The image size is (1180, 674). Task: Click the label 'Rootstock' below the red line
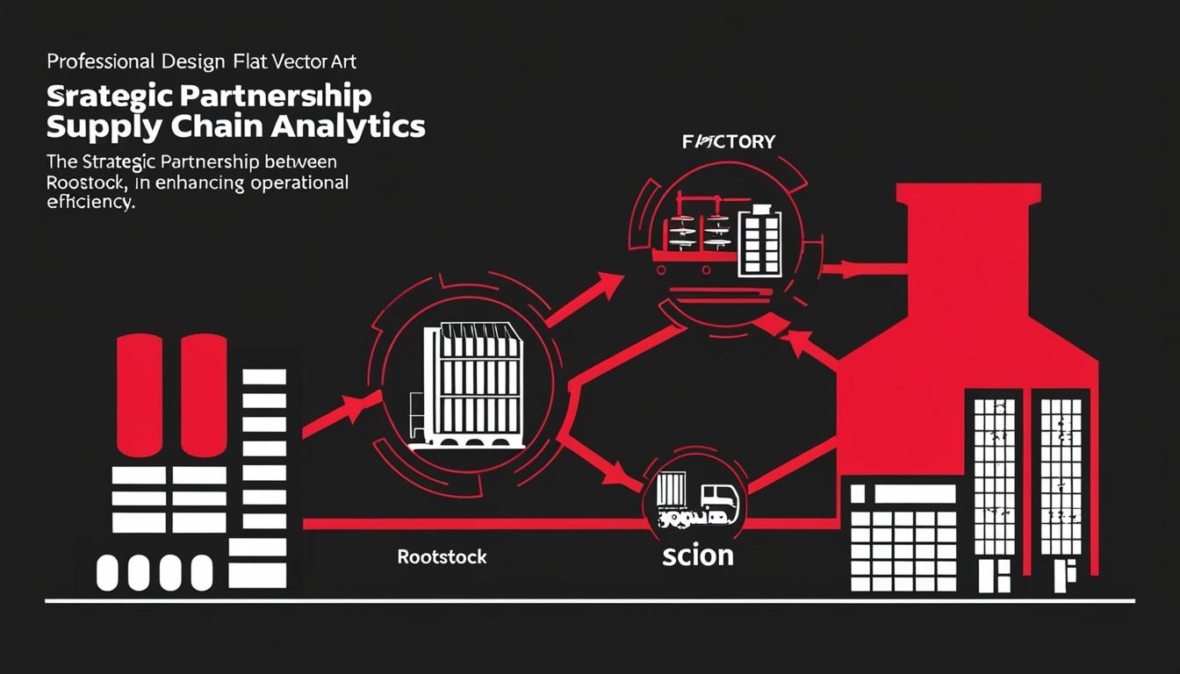(x=442, y=557)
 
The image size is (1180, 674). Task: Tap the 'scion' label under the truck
(x=698, y=555)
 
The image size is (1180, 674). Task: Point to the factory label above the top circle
(x=729, y=141)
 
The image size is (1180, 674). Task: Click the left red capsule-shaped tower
(x=139, y=394)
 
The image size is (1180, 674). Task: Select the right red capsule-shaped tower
(x=204, y=394)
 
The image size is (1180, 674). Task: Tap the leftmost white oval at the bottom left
(x=106, y=572)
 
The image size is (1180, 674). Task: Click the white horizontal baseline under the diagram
(x=588, y=602)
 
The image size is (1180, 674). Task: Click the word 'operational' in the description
(x=299, y=183)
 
